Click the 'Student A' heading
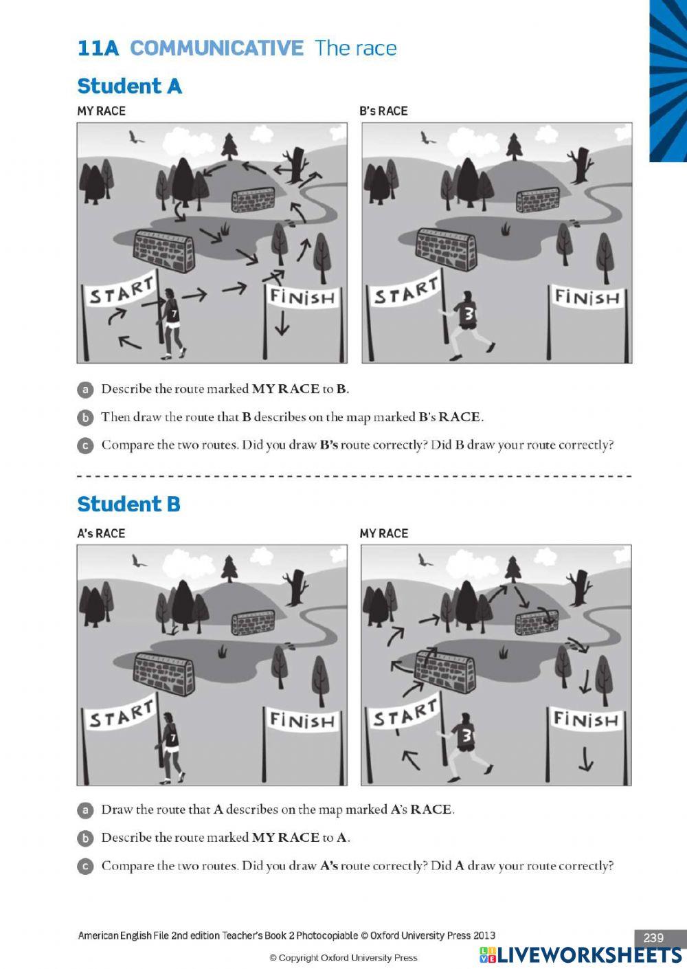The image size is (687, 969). [129, 87]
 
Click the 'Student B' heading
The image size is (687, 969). [128, 504]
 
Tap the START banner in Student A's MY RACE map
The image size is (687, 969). [121, 292]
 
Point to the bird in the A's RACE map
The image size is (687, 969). [139, 561]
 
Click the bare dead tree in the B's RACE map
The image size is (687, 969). [583, 164]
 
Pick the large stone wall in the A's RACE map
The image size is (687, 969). [163, 674]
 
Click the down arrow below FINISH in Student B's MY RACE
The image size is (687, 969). [585, 759]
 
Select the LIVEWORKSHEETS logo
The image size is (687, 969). [581, 955]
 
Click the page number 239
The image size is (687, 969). [653, 937]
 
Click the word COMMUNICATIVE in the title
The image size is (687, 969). [216, 48]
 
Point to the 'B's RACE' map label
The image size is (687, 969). [383, 111]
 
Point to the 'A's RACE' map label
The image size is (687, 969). [101, 533]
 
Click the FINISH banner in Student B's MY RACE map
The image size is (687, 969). [586, 720]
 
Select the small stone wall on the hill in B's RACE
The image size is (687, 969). [538, 200]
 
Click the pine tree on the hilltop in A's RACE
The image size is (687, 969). [229, 568]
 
